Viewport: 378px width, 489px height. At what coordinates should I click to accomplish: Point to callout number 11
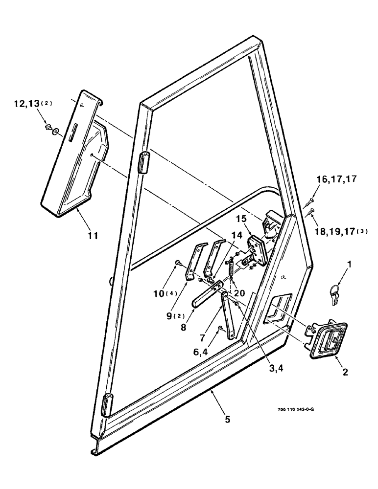point(93,236)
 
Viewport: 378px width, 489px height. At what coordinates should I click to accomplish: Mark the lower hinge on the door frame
point(108,403)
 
